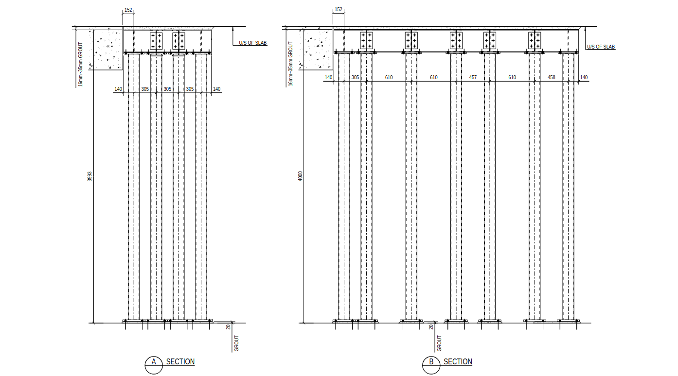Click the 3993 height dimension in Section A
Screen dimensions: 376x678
coord(89,177)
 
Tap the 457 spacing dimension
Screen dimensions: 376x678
coord(473,78)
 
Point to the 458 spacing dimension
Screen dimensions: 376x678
coord(551,78)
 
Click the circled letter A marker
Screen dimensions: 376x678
coord(154,362)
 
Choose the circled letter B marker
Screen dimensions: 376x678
coord(431,362)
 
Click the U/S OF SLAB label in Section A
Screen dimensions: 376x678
coord(253,43)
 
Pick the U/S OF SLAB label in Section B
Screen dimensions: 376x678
coord(601,47)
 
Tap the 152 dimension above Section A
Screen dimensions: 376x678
coord(128,10)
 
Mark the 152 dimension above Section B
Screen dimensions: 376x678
coord(339,10)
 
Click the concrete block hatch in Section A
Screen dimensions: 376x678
coord(107,49)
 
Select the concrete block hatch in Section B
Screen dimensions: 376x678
coord(318,49)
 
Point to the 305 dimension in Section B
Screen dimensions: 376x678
coord(355,78)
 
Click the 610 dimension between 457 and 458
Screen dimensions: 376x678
coord(512,78)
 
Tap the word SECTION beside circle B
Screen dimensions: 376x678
coord(458,362)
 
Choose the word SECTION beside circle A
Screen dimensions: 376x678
coord(180,362)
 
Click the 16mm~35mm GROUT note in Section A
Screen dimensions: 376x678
coord(81,64)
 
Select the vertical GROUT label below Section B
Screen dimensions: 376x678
coord(440,343)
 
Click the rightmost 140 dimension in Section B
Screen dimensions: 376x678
coord(584,78)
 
